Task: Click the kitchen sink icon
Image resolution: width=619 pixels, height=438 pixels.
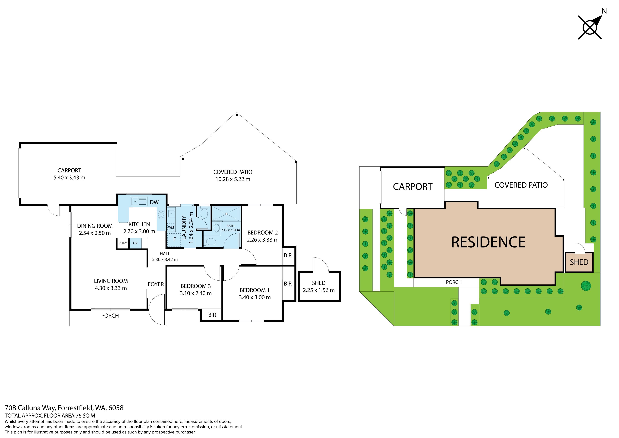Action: (139, 201)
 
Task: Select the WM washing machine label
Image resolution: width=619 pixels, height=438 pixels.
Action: (171, 227)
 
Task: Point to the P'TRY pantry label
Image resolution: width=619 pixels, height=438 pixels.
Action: (123, 243)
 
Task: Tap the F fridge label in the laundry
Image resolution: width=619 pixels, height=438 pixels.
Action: (175, 239)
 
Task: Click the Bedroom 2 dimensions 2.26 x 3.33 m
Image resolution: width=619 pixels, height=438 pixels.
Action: (263, 240)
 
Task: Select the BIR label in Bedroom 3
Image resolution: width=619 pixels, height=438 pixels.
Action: (212, 315)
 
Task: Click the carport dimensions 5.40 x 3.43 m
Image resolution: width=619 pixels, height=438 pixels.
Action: (69, 178)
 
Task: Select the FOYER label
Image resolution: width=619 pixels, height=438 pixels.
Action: (156, 284)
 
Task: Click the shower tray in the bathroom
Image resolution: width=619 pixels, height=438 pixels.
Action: (226, 214)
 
